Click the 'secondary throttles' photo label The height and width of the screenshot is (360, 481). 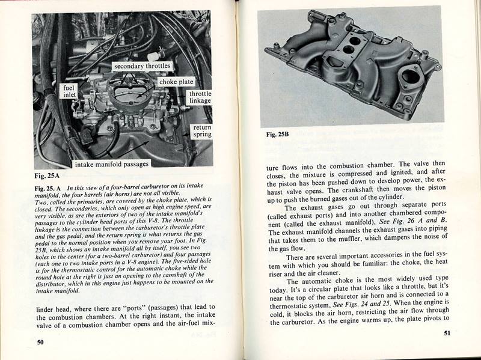pos(142,66)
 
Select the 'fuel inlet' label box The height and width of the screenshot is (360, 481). pos(70,91)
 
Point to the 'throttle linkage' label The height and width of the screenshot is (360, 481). pos(200,97)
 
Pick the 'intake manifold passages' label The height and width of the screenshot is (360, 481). pos(111,163)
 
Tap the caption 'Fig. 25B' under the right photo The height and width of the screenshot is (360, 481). pos(278,135)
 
